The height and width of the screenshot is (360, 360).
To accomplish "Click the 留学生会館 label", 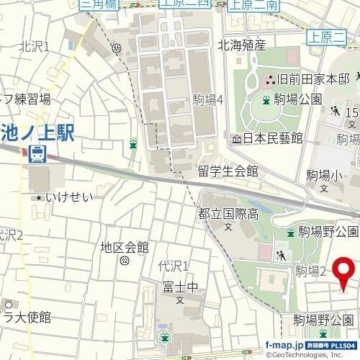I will [x=228, y=171].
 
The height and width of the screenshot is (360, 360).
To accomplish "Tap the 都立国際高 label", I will [x=228, y=213].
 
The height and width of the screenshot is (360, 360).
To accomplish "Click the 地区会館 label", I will [x=125, y=248].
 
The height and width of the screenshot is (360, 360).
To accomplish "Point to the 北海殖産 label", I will [x=242, y=45].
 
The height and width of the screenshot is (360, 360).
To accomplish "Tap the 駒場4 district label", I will [x=208, y=100].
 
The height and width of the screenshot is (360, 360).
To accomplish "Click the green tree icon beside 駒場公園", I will [x=266, y=99].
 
